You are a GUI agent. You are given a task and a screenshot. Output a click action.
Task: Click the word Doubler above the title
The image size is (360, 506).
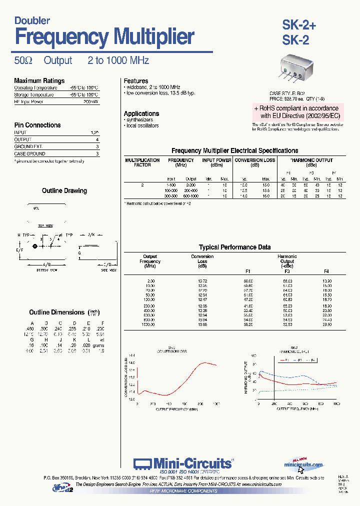(x=32, y=20)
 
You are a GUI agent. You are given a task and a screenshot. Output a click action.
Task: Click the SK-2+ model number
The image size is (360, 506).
(x=299, y=25)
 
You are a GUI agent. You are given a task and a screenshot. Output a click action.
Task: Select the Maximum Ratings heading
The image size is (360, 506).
(x=39, y=80)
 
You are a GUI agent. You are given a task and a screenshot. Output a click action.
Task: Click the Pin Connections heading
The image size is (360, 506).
(x=37, y=125)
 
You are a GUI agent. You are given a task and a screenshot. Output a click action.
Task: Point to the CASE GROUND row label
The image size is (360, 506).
(x=29, y=154)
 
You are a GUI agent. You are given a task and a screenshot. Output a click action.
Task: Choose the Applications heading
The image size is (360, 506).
(x=141, y=113)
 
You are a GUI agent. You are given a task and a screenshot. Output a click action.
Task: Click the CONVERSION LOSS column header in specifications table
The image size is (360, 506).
(x=254, y=160)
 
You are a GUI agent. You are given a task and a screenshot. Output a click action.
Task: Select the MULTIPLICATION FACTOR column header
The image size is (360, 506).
(x=142, y=162)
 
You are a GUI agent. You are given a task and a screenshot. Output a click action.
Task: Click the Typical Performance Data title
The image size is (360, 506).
(x=234, y=247)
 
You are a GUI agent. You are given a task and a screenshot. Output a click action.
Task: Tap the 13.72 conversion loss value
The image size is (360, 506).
(x=202, y=281)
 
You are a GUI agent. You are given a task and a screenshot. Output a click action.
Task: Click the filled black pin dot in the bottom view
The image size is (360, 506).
(x=35, y=246)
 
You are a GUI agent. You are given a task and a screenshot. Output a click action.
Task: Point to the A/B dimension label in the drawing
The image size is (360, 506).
(x=47, y=264)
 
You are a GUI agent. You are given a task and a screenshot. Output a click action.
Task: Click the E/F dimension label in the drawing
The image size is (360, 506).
(x=19, y=249)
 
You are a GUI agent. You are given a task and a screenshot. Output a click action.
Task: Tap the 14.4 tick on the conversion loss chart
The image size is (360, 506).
(x=132, y=354)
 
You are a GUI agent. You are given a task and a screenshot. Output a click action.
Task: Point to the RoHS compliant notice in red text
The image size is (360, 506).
(x=296, y=111)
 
